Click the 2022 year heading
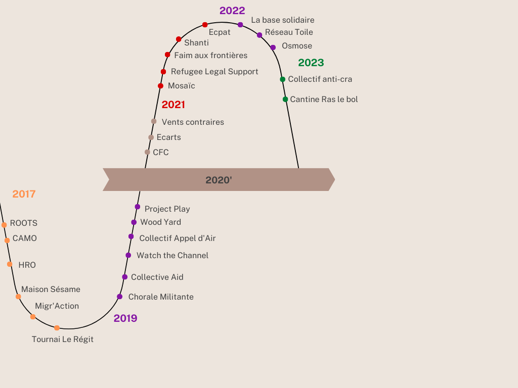tap(232, 11)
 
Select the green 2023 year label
tap(311, 63)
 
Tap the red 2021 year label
tap(174, 105)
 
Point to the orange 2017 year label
tap(24, 194)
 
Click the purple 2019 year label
tap(125, 318)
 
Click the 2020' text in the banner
tap(219, 180)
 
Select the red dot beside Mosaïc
tap(160, 86)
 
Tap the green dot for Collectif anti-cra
tap(282, 79)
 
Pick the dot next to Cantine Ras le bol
tap(285, 100)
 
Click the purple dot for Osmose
tap(273, 47)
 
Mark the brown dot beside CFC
tap(147, 152)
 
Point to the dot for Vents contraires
tap(154, 121)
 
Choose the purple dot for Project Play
tap(138, 207)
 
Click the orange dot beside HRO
tap(10, 264)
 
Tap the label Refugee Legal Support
tap(214, 72)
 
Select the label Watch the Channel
tap(172, 255)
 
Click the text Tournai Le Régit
tap(62, 339)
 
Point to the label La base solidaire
tap(283, 20)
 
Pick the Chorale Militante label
tap(161, 297)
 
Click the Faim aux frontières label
tap(211, 56)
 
